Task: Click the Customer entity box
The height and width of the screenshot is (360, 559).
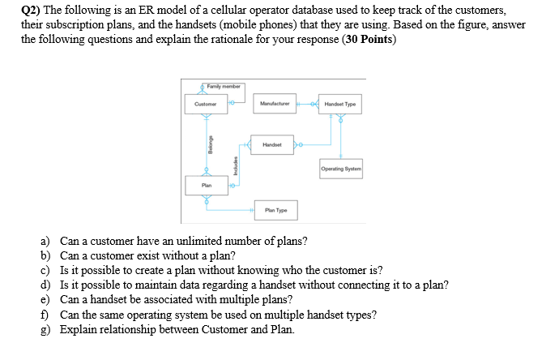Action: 206,104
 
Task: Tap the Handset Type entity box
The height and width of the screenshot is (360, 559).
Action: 340,104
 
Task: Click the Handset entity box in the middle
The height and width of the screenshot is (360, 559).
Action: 272,144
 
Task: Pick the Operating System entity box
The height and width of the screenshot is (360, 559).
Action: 340,169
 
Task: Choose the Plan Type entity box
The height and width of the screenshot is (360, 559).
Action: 275,210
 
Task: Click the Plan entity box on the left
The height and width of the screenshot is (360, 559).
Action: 206,185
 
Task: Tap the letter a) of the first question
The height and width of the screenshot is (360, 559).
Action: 46,242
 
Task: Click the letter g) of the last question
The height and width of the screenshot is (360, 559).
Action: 46,329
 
